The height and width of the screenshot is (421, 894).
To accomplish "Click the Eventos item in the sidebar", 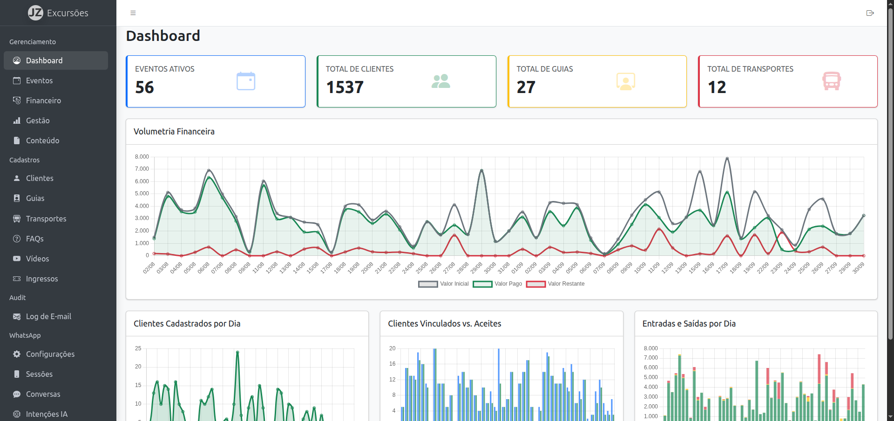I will click(x=39, y=80).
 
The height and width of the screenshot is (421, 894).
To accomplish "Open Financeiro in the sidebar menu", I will click(x=43, y=100).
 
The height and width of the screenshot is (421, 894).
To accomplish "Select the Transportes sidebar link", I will click(x=46, y=219).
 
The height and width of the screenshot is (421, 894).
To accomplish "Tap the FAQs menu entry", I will click(x=34, y=239).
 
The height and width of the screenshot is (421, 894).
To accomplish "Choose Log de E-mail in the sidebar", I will click(x=48, y=316).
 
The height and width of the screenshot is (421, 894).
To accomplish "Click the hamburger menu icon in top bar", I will click(x=133, y=13).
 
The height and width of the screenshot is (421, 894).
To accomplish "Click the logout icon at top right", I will click(x=870, y=13).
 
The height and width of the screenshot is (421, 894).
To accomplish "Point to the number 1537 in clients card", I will click(x=345, y=87).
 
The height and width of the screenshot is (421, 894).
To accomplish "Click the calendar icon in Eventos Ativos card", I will click(x=246, y=81).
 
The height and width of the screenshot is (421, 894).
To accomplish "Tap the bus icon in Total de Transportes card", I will click(x=832, y=81).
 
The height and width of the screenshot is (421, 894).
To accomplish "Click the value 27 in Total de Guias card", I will click(x=526, y=87).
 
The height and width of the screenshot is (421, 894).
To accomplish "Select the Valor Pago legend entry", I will click(x=498, y=284).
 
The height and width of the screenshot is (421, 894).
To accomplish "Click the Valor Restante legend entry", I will click(x=555, y=284).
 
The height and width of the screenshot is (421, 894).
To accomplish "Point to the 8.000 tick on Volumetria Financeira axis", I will click(x=142, y=157).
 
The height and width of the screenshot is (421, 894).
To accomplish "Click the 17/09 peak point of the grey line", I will click(x=727, y=159).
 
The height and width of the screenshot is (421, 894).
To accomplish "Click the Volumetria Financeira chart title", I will click(x=174, y=132).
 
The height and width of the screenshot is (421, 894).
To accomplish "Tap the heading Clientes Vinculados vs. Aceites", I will click(x=445, y=324).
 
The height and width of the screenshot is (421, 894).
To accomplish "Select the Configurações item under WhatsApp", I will click(x=50, y=354).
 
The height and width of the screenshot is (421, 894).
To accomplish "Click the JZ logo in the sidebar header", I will click(x=35, y=13).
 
